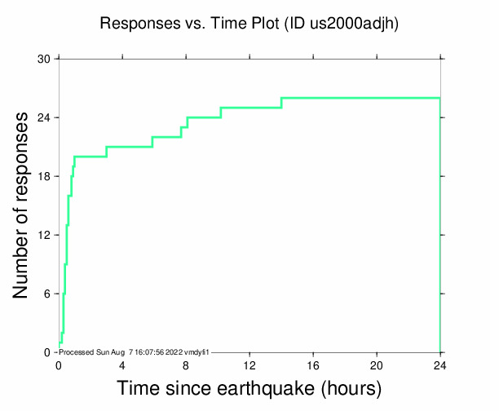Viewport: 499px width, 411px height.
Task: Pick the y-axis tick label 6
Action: click(x=47, y=294)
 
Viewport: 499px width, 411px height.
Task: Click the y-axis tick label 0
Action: click(x=47, y=352)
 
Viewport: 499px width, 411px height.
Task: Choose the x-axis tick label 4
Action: click(x=122, y=365)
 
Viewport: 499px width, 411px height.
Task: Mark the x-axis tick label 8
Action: click(x=186, y=365)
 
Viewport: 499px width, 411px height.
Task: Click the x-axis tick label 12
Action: click(x=249, y=365)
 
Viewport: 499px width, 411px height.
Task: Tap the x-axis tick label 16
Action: click(x=313, y=365)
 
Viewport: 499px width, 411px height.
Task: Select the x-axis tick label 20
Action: click(x=377, y=365)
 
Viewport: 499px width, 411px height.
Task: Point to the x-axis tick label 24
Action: click(x=440, y=365)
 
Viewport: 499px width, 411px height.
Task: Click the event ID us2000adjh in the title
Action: click(x=355, y=24)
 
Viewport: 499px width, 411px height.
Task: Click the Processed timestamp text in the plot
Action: click(x=135, y=351)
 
